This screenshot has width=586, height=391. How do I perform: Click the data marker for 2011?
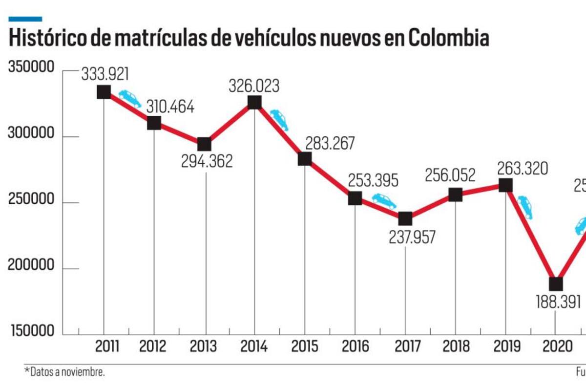[104, 92]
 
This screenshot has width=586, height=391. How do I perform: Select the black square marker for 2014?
[254, 102]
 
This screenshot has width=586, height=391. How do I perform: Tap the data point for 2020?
[556, 284]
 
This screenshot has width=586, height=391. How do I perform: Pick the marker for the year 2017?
[405, 218]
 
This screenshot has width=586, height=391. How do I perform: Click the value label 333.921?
[105, 74]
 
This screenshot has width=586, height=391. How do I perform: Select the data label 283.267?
[330, 144]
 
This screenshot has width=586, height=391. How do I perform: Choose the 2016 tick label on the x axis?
[355, 347]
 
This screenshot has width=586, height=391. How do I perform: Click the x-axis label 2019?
[506, 347]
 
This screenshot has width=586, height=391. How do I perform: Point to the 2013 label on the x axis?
[204, 347]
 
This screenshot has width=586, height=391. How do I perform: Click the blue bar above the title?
[25, 19]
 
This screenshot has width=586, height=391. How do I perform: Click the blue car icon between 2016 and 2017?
[384, 200]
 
